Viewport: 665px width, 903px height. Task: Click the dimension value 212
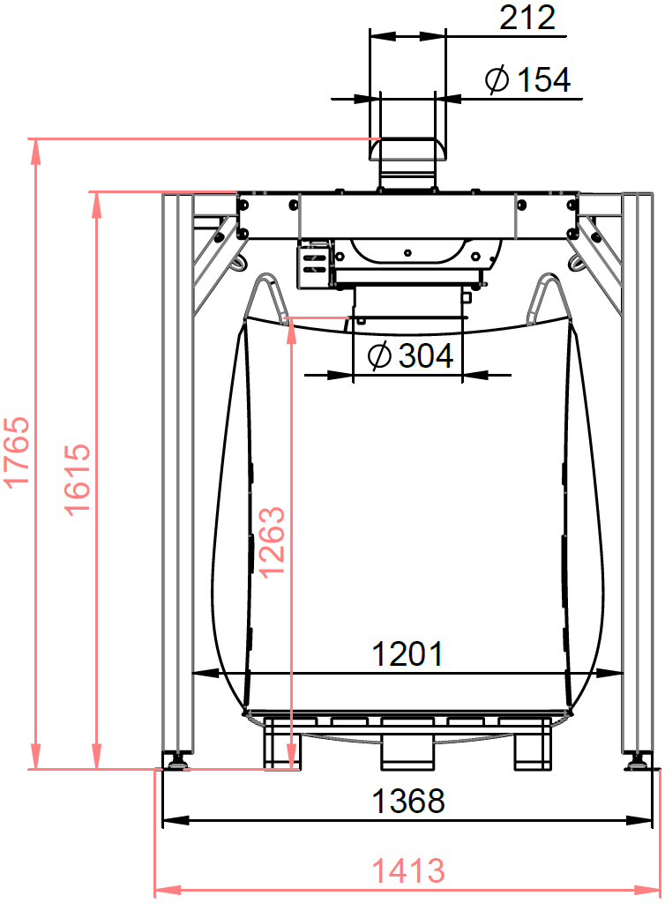(527, 18)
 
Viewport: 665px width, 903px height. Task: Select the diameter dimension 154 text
(528, 79)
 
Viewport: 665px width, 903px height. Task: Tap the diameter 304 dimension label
(410, 355)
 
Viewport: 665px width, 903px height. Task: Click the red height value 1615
(78, 479)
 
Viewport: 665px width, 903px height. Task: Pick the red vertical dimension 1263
(272, 541)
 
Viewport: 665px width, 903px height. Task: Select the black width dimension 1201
(407, 653)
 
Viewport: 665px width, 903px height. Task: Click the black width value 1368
(408, 801)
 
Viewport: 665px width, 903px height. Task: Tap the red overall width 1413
(408, 870)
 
